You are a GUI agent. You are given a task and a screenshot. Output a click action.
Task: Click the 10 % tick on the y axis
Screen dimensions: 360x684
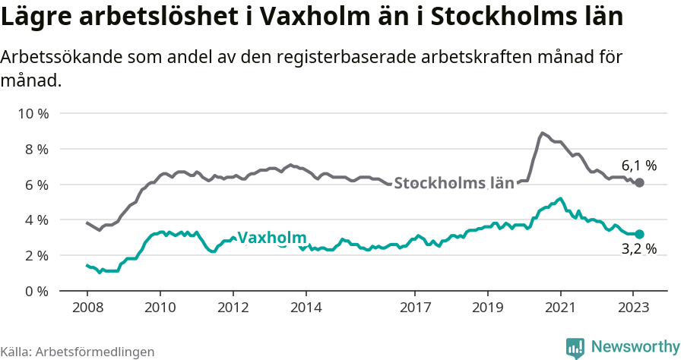pos(33,114)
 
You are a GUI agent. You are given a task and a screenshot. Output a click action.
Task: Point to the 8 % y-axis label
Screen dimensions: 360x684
pos(36,150)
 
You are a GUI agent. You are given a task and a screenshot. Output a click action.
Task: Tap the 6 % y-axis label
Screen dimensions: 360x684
pos(36,185)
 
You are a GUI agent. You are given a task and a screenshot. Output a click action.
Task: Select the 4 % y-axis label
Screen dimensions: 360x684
pos(36,220)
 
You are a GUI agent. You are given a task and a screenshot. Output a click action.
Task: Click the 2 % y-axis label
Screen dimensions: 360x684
pos(36,256)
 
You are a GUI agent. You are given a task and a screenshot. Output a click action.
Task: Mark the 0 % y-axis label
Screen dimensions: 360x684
pos(36,291)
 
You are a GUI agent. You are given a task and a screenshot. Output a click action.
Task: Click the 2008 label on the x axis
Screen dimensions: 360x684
pos(87,309)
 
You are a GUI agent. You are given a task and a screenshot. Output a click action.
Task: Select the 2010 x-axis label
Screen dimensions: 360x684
pos(160,309)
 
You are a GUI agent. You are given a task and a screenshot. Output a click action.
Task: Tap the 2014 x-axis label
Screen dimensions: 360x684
pos(306,309)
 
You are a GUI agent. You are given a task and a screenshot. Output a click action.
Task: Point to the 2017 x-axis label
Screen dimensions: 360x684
pos(415,309)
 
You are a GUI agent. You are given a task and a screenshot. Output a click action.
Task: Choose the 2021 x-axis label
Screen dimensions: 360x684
pos(560,309)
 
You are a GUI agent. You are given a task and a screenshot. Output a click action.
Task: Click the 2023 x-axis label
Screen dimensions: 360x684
pos(633,309)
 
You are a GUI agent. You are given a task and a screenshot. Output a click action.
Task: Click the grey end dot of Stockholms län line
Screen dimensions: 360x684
pos(640,183)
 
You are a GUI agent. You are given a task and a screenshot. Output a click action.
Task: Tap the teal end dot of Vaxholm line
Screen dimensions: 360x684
pos(640,235)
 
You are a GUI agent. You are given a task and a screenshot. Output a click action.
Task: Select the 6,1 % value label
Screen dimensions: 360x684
pos(638,166)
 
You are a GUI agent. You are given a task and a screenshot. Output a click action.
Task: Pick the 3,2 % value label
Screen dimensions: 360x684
pos(638,249)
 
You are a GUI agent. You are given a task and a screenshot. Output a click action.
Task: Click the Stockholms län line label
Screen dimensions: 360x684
pos(454,183)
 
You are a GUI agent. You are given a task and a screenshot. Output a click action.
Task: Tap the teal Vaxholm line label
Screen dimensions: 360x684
pos(272,238)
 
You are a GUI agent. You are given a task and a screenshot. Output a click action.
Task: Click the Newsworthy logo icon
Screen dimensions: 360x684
pos(575,347)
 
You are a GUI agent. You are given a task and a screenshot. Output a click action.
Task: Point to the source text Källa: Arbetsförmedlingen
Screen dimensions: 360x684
pos(78,352)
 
